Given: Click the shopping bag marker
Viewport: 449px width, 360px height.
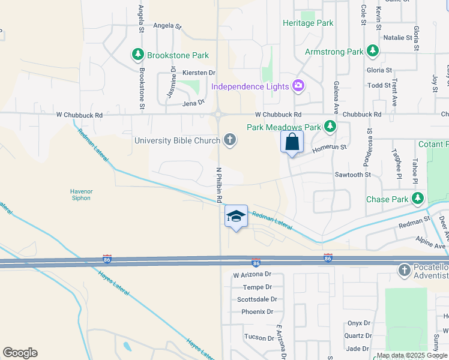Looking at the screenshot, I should click(292, 143).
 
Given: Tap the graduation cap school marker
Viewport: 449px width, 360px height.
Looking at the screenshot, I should click(237, 217).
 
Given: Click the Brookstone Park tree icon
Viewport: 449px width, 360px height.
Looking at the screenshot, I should click(138, 55).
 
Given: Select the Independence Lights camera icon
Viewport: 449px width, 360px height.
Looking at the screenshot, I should click(298, 86).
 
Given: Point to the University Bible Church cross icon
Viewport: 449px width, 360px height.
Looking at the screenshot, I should click(229, 140).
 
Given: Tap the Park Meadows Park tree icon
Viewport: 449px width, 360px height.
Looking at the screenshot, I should click(330, 127).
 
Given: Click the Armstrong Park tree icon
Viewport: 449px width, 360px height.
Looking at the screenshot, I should click(373, 51).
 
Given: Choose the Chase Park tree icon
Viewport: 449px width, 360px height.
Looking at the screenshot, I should click(418, 199).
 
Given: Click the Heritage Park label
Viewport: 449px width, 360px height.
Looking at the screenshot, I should click(308, 23).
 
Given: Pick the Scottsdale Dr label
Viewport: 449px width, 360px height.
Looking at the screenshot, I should click(257, 299).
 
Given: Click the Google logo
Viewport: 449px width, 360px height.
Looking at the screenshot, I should click(20, 353).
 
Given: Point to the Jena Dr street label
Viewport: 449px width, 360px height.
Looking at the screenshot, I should click(193, 103).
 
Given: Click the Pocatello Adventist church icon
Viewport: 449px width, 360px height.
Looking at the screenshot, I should click(403, 271).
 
